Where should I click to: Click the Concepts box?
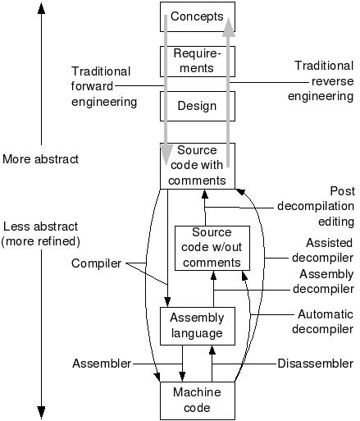[198, 16]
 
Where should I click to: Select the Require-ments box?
[198, 62]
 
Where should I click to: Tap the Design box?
[198, 106]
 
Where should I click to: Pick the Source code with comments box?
[198, 166]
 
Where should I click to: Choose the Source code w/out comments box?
[212, 248]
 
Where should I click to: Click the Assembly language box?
[198, 326]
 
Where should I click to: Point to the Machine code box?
[198, 400]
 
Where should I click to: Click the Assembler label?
[102, 364]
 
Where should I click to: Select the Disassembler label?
[316, 364]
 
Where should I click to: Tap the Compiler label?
[96, 263]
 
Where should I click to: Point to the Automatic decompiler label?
[323, 322]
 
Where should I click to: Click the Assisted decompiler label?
[323, 250]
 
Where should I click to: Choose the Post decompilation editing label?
[316, 206]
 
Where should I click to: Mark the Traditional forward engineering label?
[104, 86]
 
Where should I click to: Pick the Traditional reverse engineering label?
[321, 81]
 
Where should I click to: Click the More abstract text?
[40, 159]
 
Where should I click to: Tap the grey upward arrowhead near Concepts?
[229, 26]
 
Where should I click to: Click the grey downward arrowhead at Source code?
[166, 155]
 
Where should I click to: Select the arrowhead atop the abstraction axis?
[41, 7]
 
